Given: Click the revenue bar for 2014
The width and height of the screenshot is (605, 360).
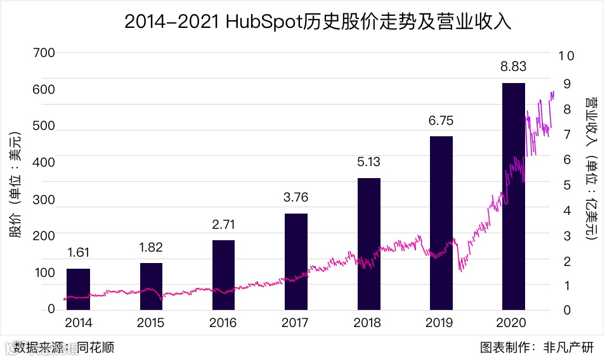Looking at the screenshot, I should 79,290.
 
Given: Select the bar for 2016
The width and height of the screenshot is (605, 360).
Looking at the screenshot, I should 223,276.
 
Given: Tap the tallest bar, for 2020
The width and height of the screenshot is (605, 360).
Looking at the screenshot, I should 514,196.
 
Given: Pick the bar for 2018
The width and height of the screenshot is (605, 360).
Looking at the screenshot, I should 368,245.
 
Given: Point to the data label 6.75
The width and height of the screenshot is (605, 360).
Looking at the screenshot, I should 441,120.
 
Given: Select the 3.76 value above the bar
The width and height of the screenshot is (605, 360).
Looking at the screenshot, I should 296,198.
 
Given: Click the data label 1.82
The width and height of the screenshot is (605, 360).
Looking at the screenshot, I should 151,247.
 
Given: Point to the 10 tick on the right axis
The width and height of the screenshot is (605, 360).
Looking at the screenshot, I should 566,56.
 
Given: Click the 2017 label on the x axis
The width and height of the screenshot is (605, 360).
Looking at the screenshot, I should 296,323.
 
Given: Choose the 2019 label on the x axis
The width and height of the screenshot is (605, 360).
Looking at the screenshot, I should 441,323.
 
